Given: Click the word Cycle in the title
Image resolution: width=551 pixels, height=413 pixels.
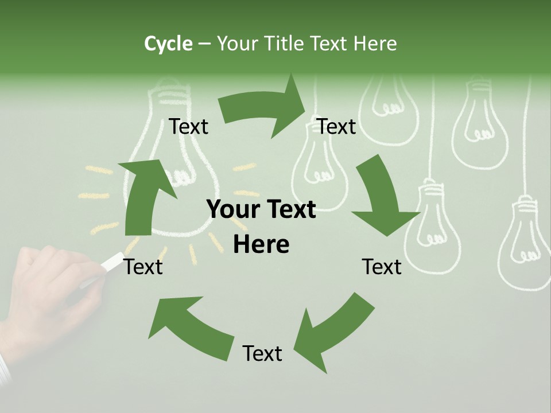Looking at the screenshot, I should (168, 44).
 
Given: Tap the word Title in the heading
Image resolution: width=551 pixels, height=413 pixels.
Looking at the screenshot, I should (286, 44).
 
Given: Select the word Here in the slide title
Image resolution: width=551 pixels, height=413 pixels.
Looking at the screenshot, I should (375, 44).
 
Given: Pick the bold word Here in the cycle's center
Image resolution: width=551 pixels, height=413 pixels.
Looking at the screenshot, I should (261, 245).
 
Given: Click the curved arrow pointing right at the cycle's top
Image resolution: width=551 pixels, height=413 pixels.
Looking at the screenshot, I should (264, 109).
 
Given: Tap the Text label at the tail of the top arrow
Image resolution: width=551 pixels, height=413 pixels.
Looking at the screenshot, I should (188, 127).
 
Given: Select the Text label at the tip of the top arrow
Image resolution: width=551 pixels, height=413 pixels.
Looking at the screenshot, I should (336, 127).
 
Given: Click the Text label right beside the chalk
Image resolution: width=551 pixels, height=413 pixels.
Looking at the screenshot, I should (143, 267).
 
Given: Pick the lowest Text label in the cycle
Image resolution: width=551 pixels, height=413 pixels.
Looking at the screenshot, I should (262, 353).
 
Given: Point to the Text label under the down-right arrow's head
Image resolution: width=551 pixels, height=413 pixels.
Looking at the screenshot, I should (382, 267).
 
